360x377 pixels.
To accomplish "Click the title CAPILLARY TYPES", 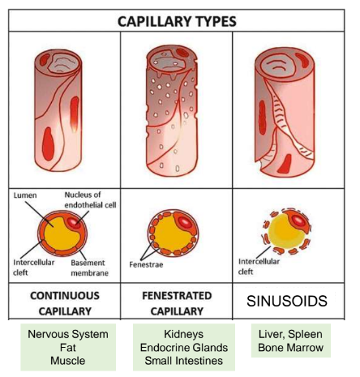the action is pos(177,21).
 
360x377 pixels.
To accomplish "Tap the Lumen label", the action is pos(25,195).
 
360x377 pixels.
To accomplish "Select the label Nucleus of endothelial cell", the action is pos(90,199).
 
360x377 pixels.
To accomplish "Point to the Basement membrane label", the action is pos(89,268).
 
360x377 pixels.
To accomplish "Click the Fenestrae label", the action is pos(146,264).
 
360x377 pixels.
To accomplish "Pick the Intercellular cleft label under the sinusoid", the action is pos(259,267).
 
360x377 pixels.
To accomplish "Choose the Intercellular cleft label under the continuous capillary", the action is pos(34,268).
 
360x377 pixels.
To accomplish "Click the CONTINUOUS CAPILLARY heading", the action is pos(65,303).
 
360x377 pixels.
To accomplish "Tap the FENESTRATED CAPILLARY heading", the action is pos(177,303).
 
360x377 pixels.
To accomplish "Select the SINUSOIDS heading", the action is pos(287,301).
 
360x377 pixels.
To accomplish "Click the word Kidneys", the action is pos(184,334).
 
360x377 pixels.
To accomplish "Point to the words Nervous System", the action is pos(68,334).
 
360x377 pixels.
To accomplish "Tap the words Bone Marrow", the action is pos(290,348).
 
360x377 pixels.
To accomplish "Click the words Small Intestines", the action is pos(184,361).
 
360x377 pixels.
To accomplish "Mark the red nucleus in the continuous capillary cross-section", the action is pos(74,222).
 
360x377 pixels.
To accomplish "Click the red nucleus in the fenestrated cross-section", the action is pos(185,222).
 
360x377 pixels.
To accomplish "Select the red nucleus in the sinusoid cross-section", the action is pos(298,221).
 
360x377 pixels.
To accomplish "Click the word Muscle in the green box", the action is pos(68,361).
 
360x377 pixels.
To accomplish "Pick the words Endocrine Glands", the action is pos(184,348).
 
